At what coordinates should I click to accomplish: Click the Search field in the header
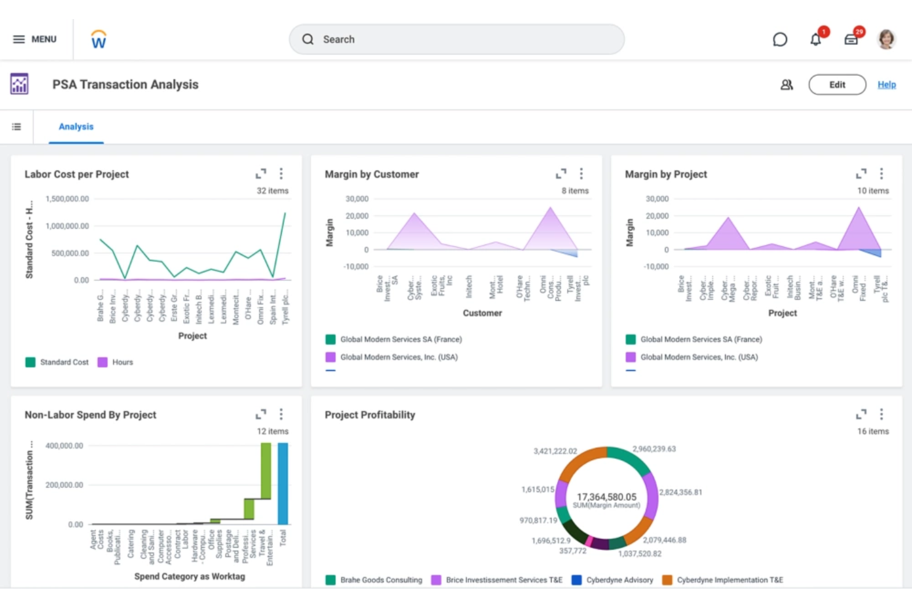(456, 39)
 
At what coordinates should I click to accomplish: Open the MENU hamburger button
(35, 39)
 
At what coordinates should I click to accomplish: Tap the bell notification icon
(815, 40)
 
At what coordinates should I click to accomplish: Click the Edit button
(837, 85)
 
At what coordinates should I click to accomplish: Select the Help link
(886, 85)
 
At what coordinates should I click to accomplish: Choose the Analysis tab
(76, 127)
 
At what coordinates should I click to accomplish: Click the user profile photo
(886, 39)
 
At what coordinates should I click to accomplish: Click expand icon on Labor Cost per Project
(261, 174)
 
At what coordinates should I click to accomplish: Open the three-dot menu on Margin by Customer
(581, 174)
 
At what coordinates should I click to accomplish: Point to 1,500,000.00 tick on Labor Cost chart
(67, 199)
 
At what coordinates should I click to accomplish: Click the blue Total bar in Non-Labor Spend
(283, 484)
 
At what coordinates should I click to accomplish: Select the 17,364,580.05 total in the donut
(606, 497)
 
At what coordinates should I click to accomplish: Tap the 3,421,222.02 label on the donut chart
(555, 452)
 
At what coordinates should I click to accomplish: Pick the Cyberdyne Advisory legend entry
(619, 580)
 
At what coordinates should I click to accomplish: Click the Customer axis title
(482, 314)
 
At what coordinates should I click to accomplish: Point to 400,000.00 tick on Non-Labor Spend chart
(64, 446)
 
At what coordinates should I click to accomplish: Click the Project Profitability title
(370, 415)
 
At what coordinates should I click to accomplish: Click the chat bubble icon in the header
(780, 40)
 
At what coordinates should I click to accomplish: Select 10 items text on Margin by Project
(873, 191)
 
